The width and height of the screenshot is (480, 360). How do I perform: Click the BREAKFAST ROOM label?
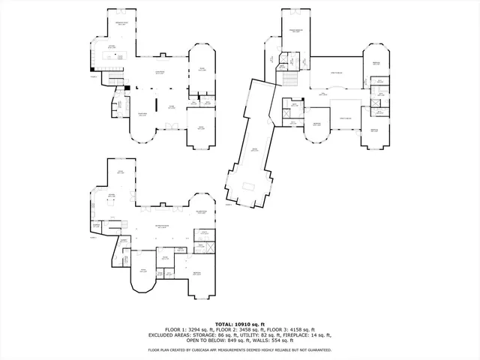[x=120, y=23]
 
